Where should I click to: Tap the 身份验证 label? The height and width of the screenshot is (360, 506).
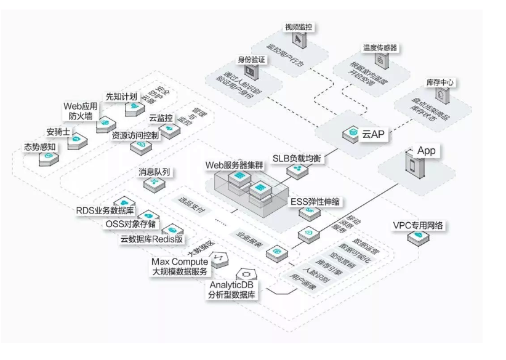coord(251,60)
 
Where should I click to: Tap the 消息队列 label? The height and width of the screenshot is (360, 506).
coord(154,171)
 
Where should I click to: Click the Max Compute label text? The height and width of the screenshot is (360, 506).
coord(182,262)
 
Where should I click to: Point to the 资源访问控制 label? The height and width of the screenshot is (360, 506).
coord(135,135)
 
